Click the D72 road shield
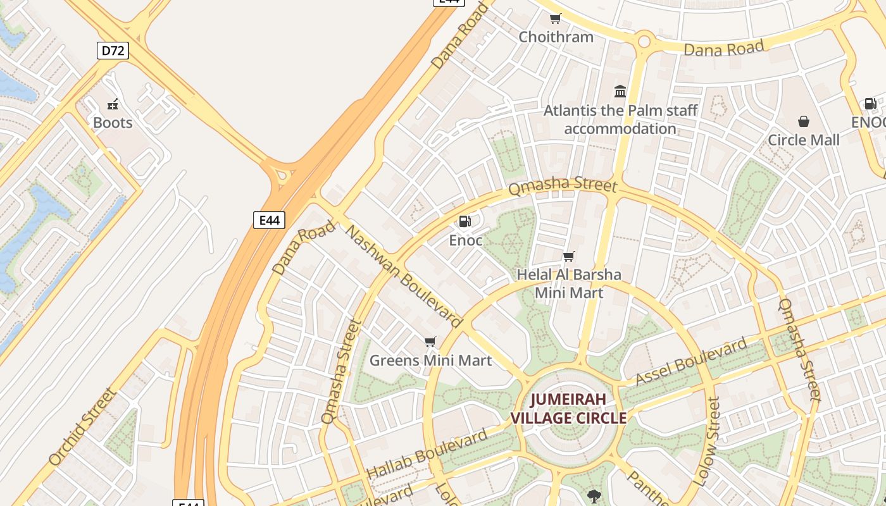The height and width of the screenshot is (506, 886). coord(113,51)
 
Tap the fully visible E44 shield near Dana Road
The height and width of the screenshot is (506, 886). coord(269,220)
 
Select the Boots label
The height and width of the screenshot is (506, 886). coord(113,123)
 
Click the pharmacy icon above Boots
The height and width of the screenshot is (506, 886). coord(113,104)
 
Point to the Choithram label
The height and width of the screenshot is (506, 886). coord(556,37)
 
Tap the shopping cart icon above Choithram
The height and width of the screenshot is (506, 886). coord(556,18)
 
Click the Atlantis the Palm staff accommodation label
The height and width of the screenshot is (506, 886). coord(620,120)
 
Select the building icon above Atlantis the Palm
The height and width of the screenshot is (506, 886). coord(620,92)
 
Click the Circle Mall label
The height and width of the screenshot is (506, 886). coord(803,140)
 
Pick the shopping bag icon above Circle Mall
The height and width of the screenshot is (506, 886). coord(803,121)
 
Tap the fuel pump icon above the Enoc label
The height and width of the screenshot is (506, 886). coord(465,221)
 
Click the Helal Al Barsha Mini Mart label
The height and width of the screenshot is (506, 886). coord(569,283)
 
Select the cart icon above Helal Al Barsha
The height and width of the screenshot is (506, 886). coord(569,256)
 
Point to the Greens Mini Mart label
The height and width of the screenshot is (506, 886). coord(430,361)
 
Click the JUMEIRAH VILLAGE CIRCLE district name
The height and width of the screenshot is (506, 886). coord(568,409)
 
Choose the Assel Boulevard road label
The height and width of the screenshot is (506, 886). coord(691,362)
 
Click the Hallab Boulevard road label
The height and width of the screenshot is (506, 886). coord(427,454)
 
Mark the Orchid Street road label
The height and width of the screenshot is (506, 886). coord(83,426)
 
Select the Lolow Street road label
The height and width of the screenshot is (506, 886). coord(707,441)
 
